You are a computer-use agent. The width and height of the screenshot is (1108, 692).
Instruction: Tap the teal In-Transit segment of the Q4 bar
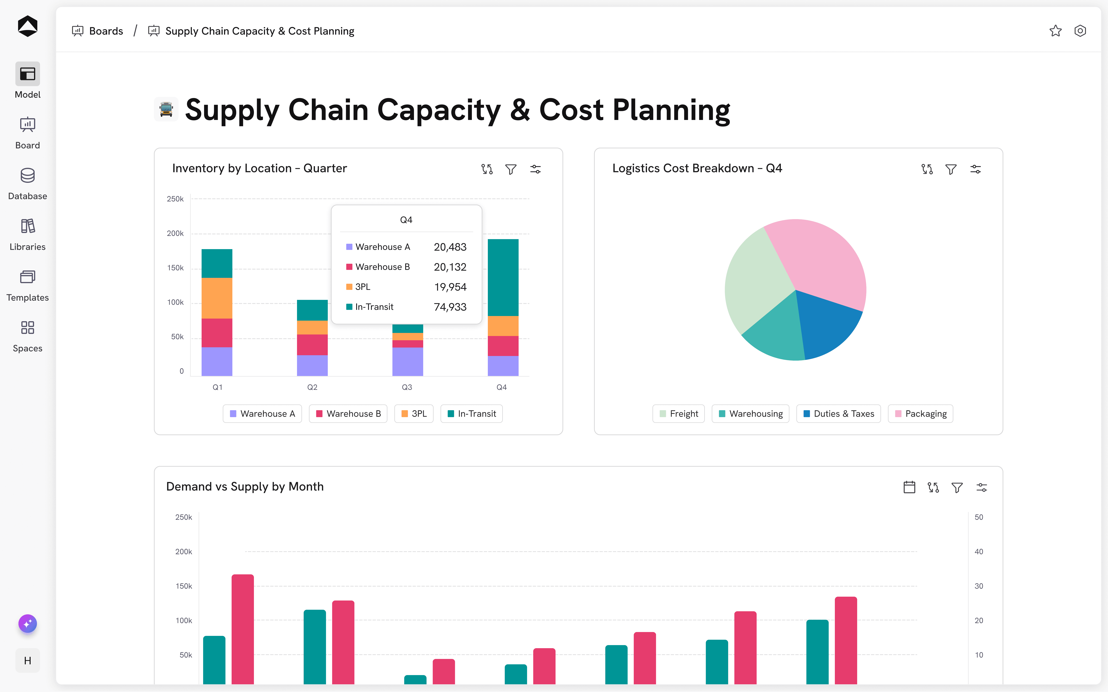pyautogui.click(x=503, y=277)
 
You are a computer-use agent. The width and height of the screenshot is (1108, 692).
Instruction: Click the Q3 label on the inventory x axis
pyautogui.click(x=407, y=387)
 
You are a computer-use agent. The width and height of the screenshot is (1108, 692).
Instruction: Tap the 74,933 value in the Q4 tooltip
pyautogui.click(x=450, y=307)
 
